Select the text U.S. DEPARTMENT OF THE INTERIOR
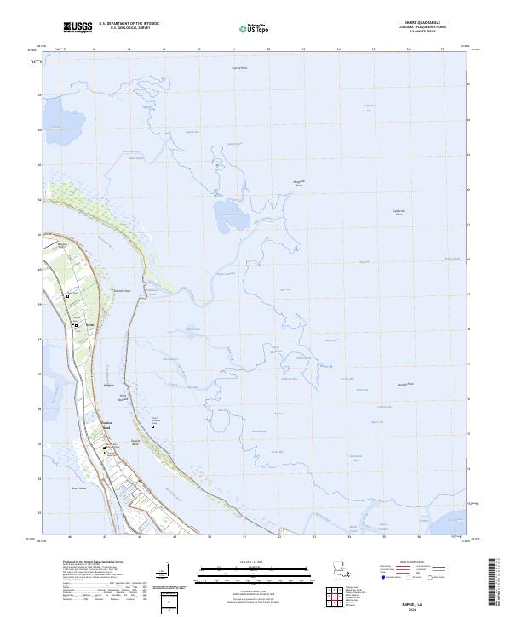[129, 23]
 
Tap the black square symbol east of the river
[153, 426]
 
